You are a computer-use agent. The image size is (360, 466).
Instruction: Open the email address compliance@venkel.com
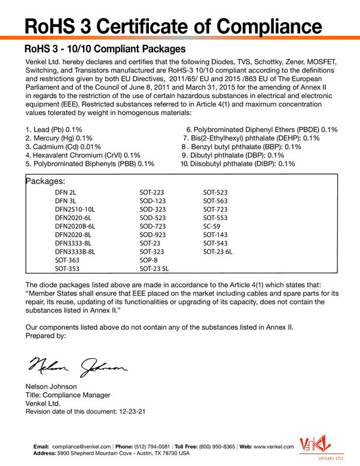point(81,446)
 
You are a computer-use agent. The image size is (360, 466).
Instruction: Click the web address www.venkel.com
point(274,446)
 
